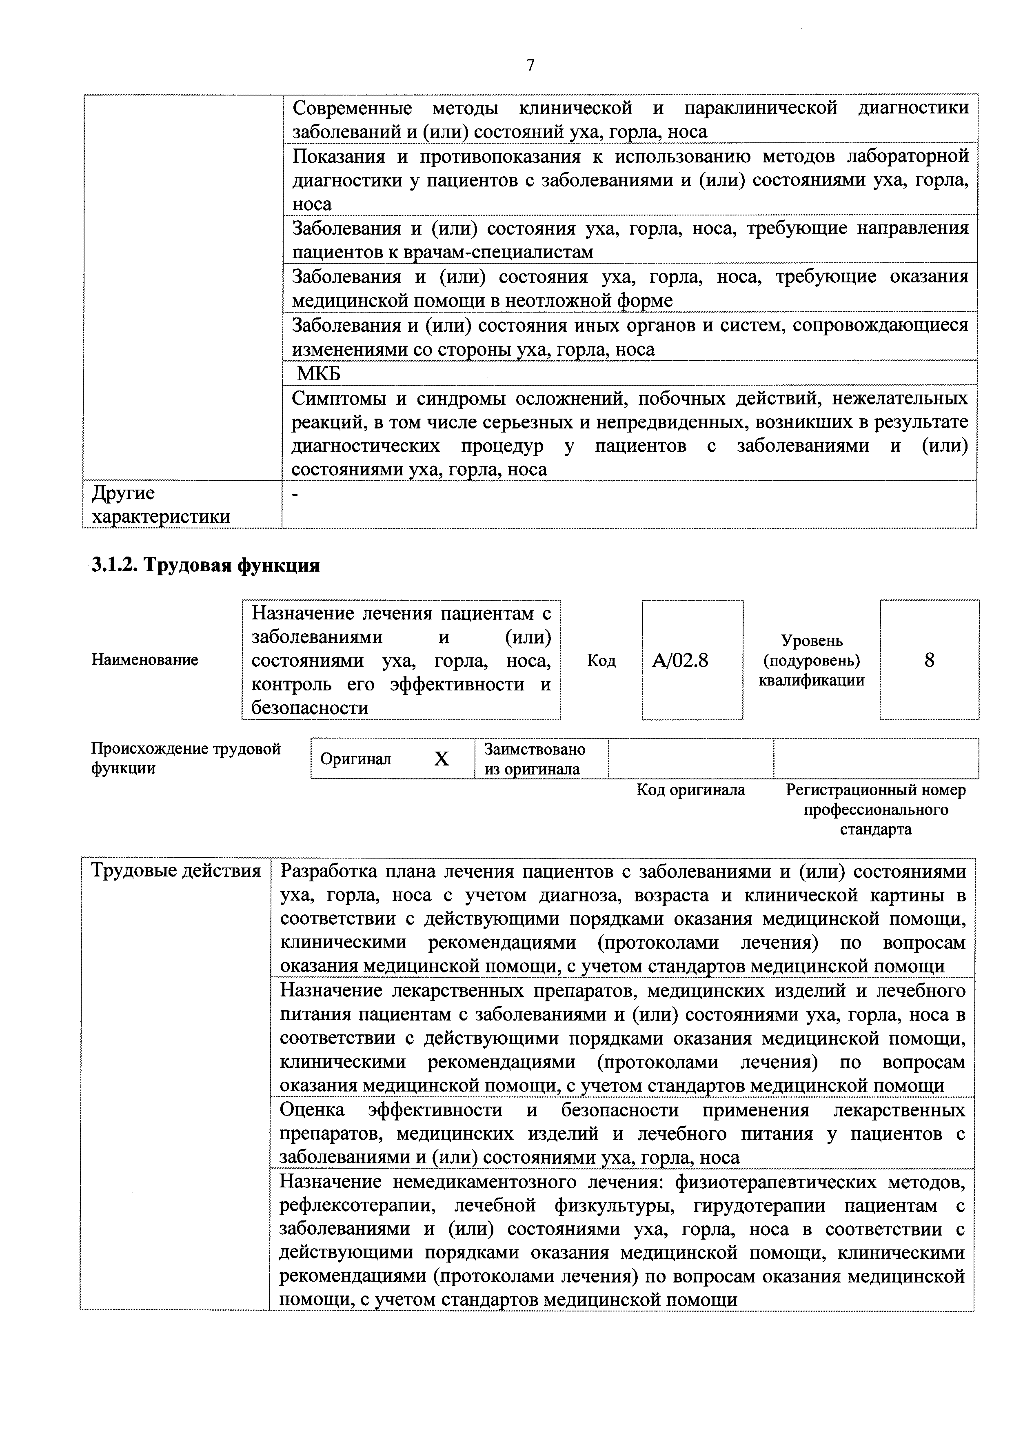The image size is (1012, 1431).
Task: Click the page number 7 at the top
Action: click(x=530, y=65)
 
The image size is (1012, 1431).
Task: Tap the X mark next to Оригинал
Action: click(x=441, y=759)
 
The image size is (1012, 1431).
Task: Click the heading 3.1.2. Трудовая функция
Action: click(x=206, y=565)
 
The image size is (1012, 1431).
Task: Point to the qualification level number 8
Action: click(x=929, y=660)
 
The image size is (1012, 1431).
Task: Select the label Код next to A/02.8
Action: click(x=601, y=660)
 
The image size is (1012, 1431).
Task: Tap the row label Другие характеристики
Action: click(x=161, y=505)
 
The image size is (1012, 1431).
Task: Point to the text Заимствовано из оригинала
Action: click(x=534, y=759)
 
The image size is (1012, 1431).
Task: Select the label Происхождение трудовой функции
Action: click(x=186, y=758)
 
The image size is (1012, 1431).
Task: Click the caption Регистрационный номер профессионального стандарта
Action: click(x=876, y=810)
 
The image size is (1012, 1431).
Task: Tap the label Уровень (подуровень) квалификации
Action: click(x=811, y=660)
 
